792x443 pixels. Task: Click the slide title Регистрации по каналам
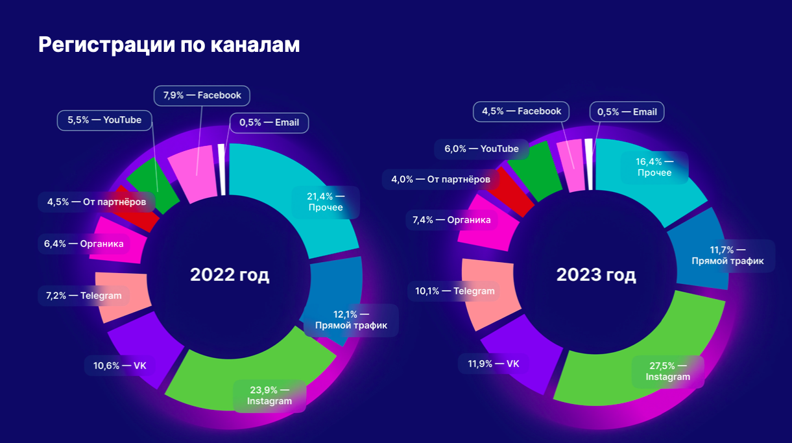pyautogui.click(x=169, y=45)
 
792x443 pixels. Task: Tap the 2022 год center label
pyautogui.click(x=230, y=275)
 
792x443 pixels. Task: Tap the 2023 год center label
pyautogui.click(x=596, y=275)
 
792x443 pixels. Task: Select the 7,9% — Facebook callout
pyautogui.click(x=202, y=95)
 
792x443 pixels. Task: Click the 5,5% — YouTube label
pyautogui.click(x=104, y=120)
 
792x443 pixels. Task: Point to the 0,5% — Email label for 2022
pyautogui.click(x=269, y=123)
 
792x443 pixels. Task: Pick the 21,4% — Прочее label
pyautogui.click(x=326, y=202)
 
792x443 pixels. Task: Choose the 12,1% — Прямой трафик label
pyautogui.click(x=351, y=320)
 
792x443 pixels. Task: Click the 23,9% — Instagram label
pyautogui.click(x=269, y=396)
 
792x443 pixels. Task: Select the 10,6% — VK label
pyautogui.click(x=119, y=366)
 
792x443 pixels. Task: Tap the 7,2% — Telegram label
pyautogui.click(x=84, y=296)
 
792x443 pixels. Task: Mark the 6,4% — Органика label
pyautogui.click(x=84, y=244)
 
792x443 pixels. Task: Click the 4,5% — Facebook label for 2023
pyautogui.click(x=522, y=112)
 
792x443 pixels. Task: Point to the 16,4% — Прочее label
pyautogui.click(x=654, y=167)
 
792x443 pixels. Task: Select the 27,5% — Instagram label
pyautogui.click(x=668, y=372)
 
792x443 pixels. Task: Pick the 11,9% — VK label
pyautogui.click(x=493, y=364)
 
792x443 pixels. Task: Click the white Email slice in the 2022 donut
pyautogui.click(x=222, y=169)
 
